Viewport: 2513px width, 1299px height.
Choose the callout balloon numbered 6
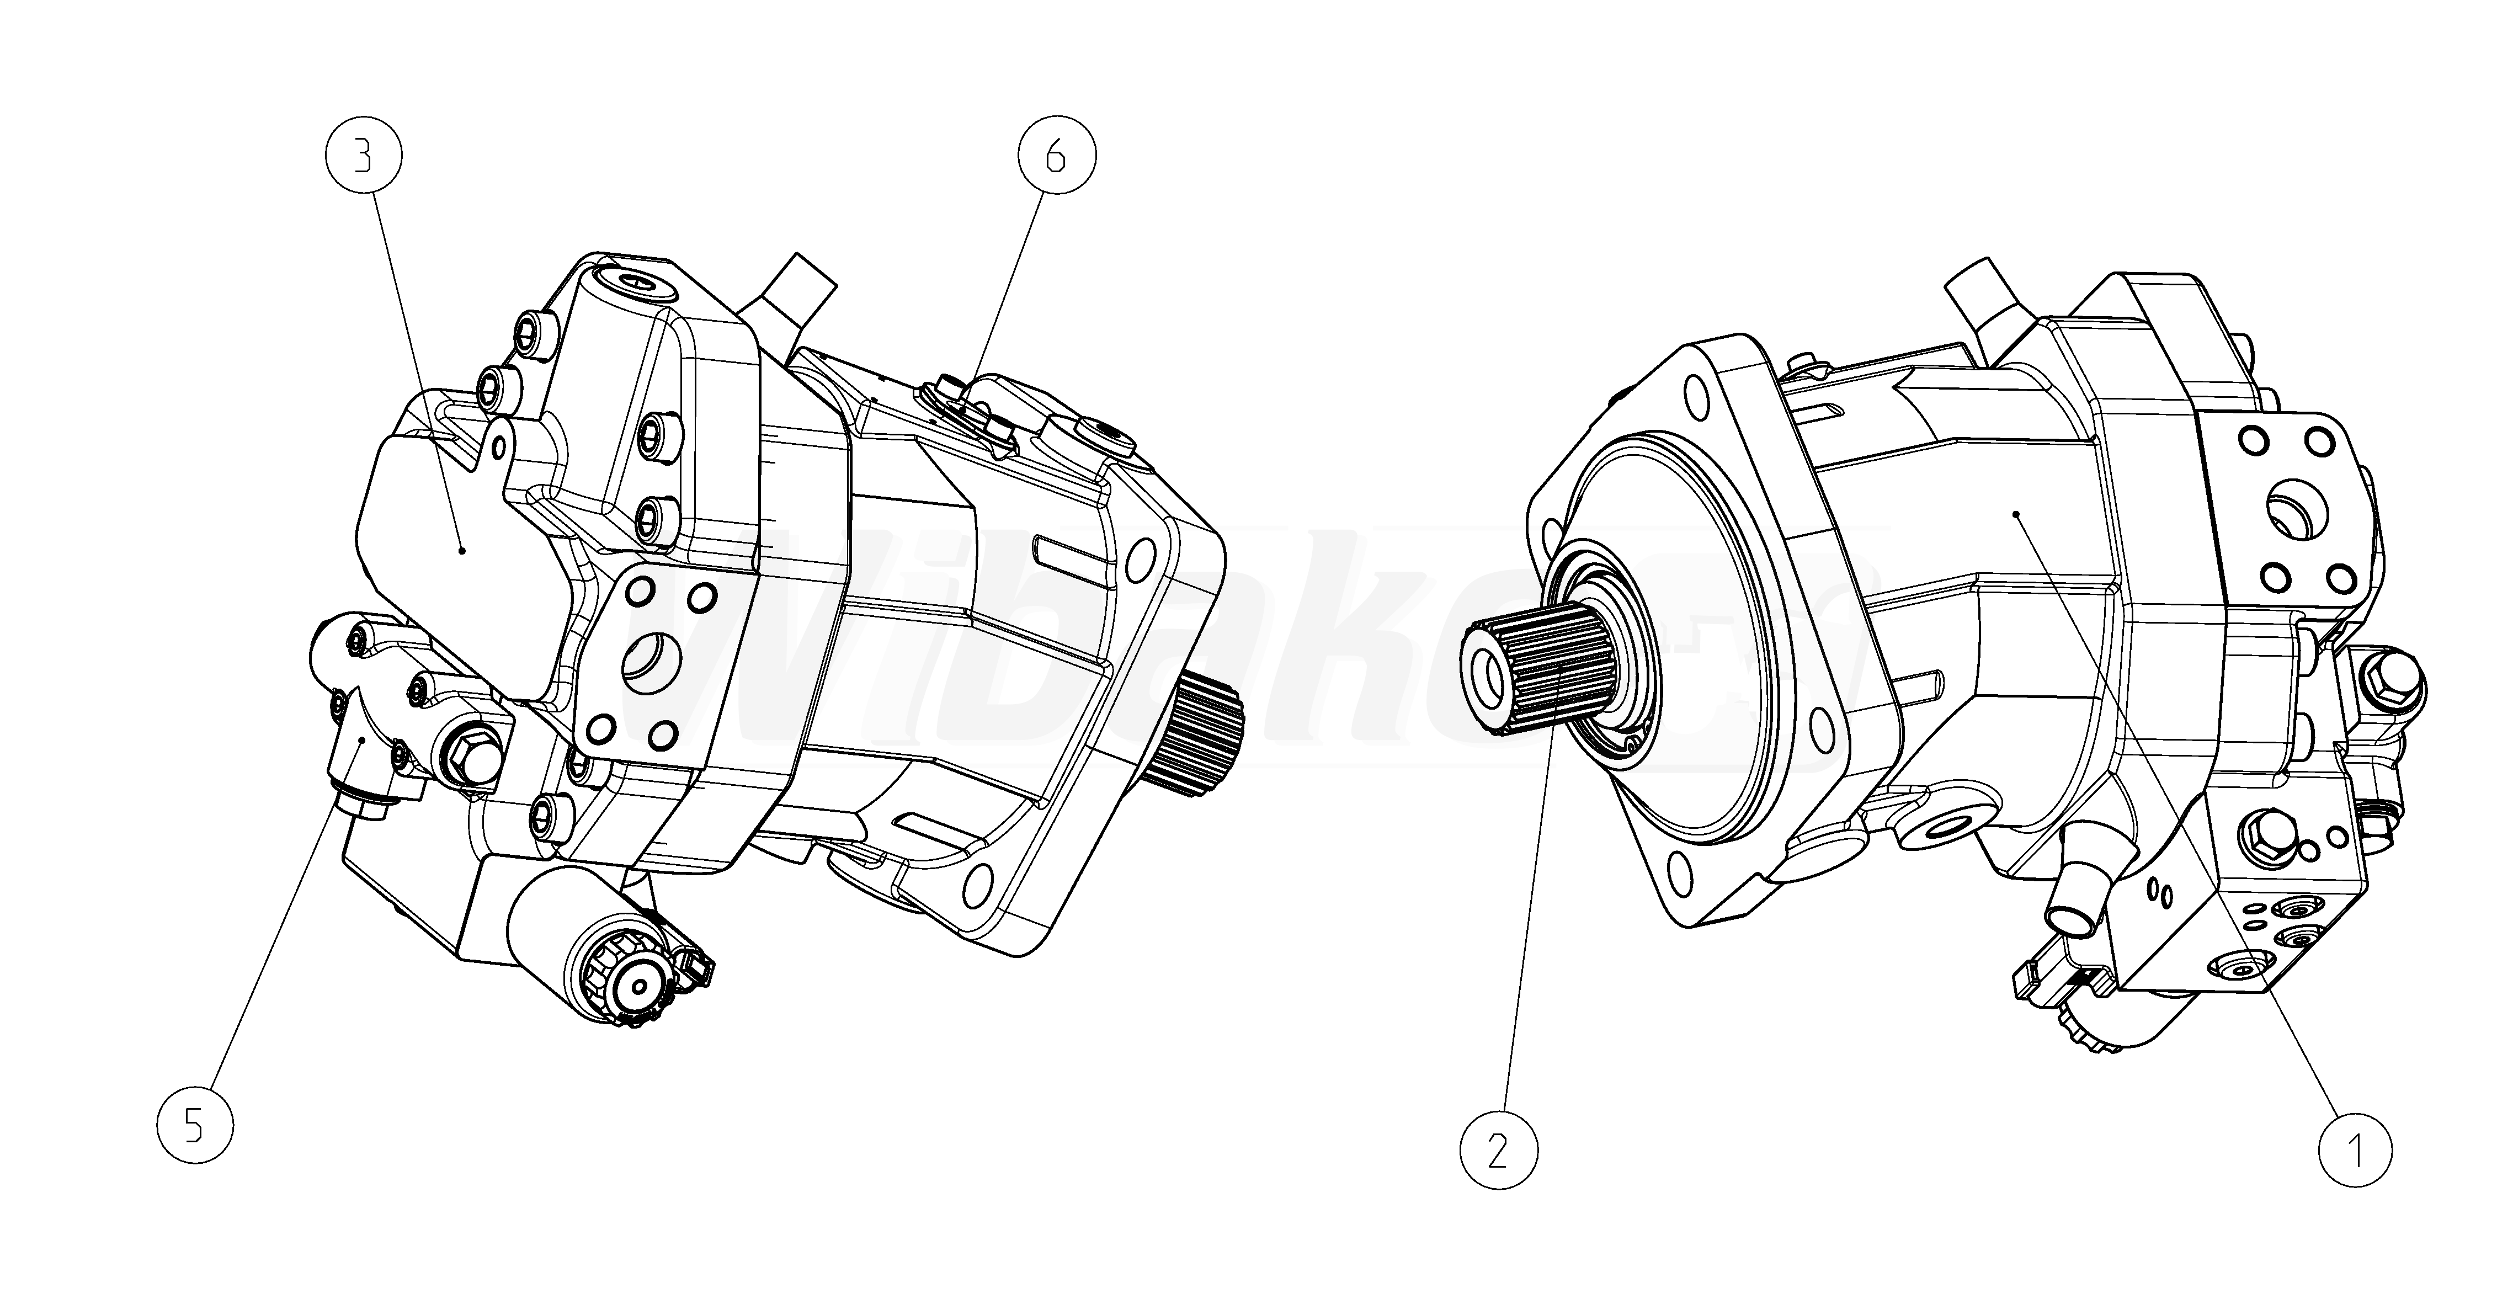[1057, 156]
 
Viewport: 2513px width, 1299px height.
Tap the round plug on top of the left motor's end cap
[640, 283]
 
